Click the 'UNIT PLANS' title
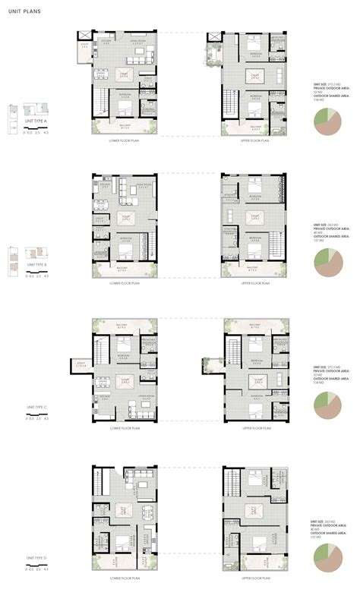(25, 11)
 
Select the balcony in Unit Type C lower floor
(125, 325)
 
